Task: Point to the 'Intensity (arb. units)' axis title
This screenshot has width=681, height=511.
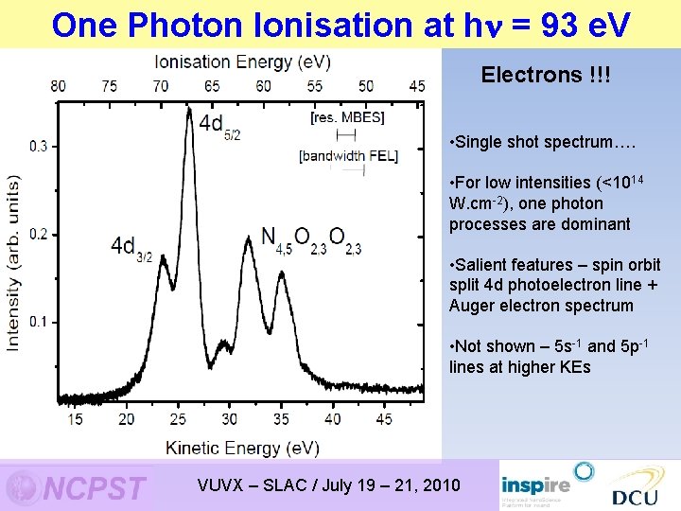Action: (13, 262)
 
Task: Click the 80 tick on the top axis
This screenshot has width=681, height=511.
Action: (58, 86)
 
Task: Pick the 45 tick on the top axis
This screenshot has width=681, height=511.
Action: (417, 86)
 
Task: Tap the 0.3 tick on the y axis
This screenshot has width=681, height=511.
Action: (39, 147)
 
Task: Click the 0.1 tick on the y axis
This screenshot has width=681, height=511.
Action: (39, 322)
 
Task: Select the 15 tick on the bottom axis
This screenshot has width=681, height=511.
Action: (75, 418)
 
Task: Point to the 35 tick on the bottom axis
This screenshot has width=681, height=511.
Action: (282, 418)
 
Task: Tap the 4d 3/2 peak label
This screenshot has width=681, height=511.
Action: (131, 248)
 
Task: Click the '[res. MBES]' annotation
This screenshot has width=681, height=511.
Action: (347, 117)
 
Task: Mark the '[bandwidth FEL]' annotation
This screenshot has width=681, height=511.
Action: (347, 155)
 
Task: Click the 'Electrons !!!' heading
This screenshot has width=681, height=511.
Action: (545, 75)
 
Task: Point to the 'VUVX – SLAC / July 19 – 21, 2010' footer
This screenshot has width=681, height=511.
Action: (328, 485)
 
